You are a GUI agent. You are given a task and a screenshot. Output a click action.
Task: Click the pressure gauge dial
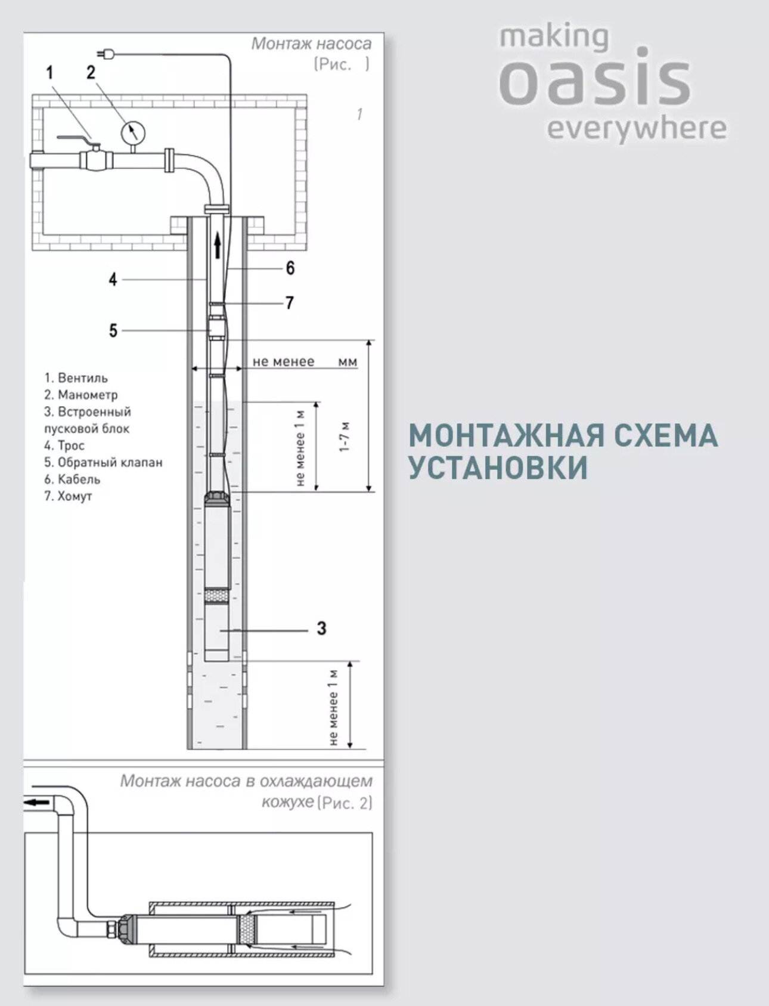coord(134,132)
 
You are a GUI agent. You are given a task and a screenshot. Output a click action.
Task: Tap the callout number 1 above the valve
coord(50,73)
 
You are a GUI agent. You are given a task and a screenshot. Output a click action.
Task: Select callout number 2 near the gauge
coord(91,73)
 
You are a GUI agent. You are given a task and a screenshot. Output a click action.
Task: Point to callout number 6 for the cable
coord(290,268)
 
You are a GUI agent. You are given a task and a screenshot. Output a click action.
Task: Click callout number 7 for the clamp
coord(290,303)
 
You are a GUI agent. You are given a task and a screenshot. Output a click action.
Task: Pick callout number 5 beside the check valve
coord(113,330)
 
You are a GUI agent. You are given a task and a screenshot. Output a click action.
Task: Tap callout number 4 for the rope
coord(113,279)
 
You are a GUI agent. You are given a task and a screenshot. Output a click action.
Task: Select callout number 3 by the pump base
coord(321,628)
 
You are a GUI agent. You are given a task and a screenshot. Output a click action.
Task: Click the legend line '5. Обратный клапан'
coord(103,462)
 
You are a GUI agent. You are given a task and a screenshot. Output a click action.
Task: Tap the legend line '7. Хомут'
coord(68,496)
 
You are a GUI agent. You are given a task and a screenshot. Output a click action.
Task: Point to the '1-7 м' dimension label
coord(344,437)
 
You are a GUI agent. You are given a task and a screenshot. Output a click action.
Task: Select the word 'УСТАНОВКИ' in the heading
coord(498,468)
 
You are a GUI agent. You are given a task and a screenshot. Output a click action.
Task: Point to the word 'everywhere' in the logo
coord(636,129)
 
